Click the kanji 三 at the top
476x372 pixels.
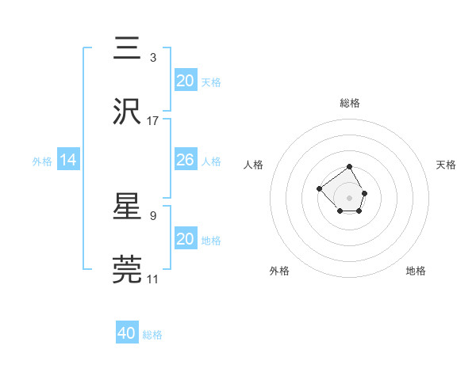(128, 49)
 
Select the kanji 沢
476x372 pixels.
(128, 110)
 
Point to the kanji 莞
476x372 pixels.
(128, 268)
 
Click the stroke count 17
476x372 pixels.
(153, 121)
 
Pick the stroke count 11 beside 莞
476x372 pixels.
(153, 279)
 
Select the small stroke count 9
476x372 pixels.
(152, 214)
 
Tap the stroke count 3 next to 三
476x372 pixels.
(152, 57)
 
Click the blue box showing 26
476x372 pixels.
(185, 160)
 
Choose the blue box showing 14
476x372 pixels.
(68, 160)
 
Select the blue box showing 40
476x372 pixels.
(127, 333)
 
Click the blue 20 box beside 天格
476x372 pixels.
(185, 81)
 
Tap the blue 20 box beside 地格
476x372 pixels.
(185, 239)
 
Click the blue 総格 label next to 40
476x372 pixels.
(152, 335)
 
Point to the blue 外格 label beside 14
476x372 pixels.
(42, 161)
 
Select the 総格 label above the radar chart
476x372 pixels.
(349, 103)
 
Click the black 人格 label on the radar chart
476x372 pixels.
(254, 165)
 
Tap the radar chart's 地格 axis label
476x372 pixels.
(416, 271)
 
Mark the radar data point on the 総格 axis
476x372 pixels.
(349, 168)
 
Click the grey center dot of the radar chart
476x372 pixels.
(349, 197)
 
